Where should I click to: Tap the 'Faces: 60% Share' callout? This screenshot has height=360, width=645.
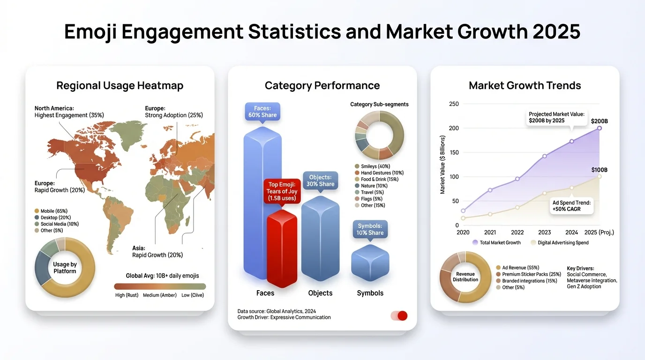point(262,112)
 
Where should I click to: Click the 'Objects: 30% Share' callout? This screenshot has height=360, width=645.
point(321,181)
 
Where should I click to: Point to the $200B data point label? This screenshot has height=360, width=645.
point(599,121)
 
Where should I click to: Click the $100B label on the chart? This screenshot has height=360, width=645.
point(599,170)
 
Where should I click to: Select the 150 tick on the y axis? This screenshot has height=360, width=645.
point(453,152)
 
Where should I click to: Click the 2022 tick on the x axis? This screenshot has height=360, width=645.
point(517,232)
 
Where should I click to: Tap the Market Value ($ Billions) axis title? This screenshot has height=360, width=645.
point(442,165)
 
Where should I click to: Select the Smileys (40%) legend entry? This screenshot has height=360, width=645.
point(372,166)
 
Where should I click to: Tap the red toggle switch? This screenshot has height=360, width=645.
point(399,315)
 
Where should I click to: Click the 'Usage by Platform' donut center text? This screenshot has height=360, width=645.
point(65,268)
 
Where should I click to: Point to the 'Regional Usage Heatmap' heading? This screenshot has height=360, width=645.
point(120,86)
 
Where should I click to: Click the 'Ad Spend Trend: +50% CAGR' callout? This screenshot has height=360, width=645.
point(571,206)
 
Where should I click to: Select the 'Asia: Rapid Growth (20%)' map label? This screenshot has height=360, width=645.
point(157,252)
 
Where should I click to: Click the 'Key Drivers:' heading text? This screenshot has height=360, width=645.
point(580,269)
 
